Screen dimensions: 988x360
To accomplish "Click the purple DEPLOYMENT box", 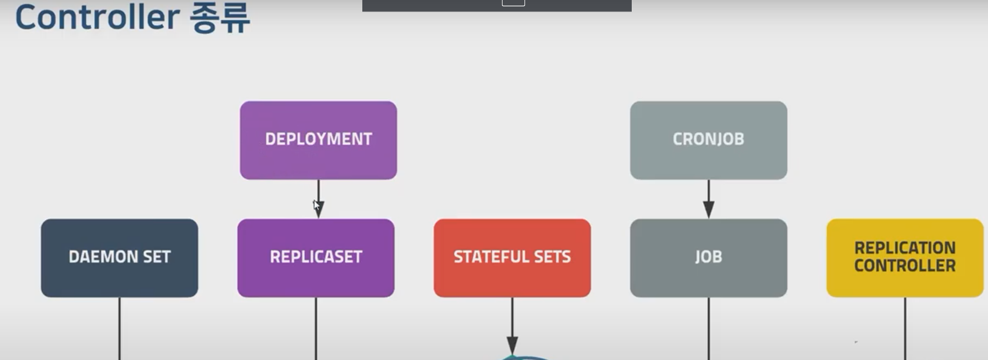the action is click(x=318, y=140).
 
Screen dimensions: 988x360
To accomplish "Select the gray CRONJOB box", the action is click(x=708, y=140).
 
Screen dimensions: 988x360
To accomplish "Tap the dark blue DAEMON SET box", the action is click(x=119, y=258).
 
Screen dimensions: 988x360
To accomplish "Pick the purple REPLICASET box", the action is click(x=316, y=258).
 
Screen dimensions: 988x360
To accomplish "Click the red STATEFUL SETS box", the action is click(x=512, y=258).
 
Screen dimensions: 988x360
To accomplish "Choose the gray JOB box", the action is click(x=708, y=258).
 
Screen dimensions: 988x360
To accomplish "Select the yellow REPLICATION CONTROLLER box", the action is click(x=904, y=258).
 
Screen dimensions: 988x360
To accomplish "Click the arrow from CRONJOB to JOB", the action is click(x=709, y=199).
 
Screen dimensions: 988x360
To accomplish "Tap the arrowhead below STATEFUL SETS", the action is click(x=512, y=345).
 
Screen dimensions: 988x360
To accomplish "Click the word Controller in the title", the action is click(x=97, y=18).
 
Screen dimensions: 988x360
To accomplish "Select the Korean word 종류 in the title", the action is click(x=220, y=19).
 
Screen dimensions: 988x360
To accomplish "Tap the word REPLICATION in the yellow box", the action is click(x=904, y=248).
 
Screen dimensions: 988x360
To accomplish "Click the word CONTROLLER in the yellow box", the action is click(x=904, y=266).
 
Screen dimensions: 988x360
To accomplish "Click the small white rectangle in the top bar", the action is click(x=514, y=3).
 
